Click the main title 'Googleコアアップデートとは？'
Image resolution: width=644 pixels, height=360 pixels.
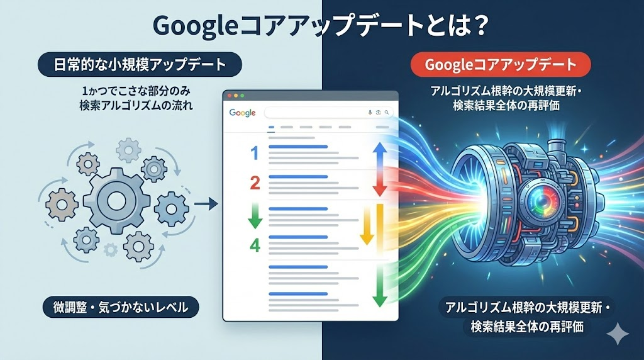tap(321, 26)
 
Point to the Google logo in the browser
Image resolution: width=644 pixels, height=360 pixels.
tap(242, 113)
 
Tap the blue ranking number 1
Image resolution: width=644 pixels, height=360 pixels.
tap(254, 152)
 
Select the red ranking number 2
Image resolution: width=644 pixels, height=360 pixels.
tap(255, 183)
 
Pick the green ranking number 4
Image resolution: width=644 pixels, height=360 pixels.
tap(255, 244)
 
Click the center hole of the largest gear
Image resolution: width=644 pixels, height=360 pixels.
tap(117, 200)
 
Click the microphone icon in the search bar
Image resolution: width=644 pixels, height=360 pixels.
tap(370, 113)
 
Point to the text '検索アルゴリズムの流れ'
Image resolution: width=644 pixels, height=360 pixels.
tap(136, 106)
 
